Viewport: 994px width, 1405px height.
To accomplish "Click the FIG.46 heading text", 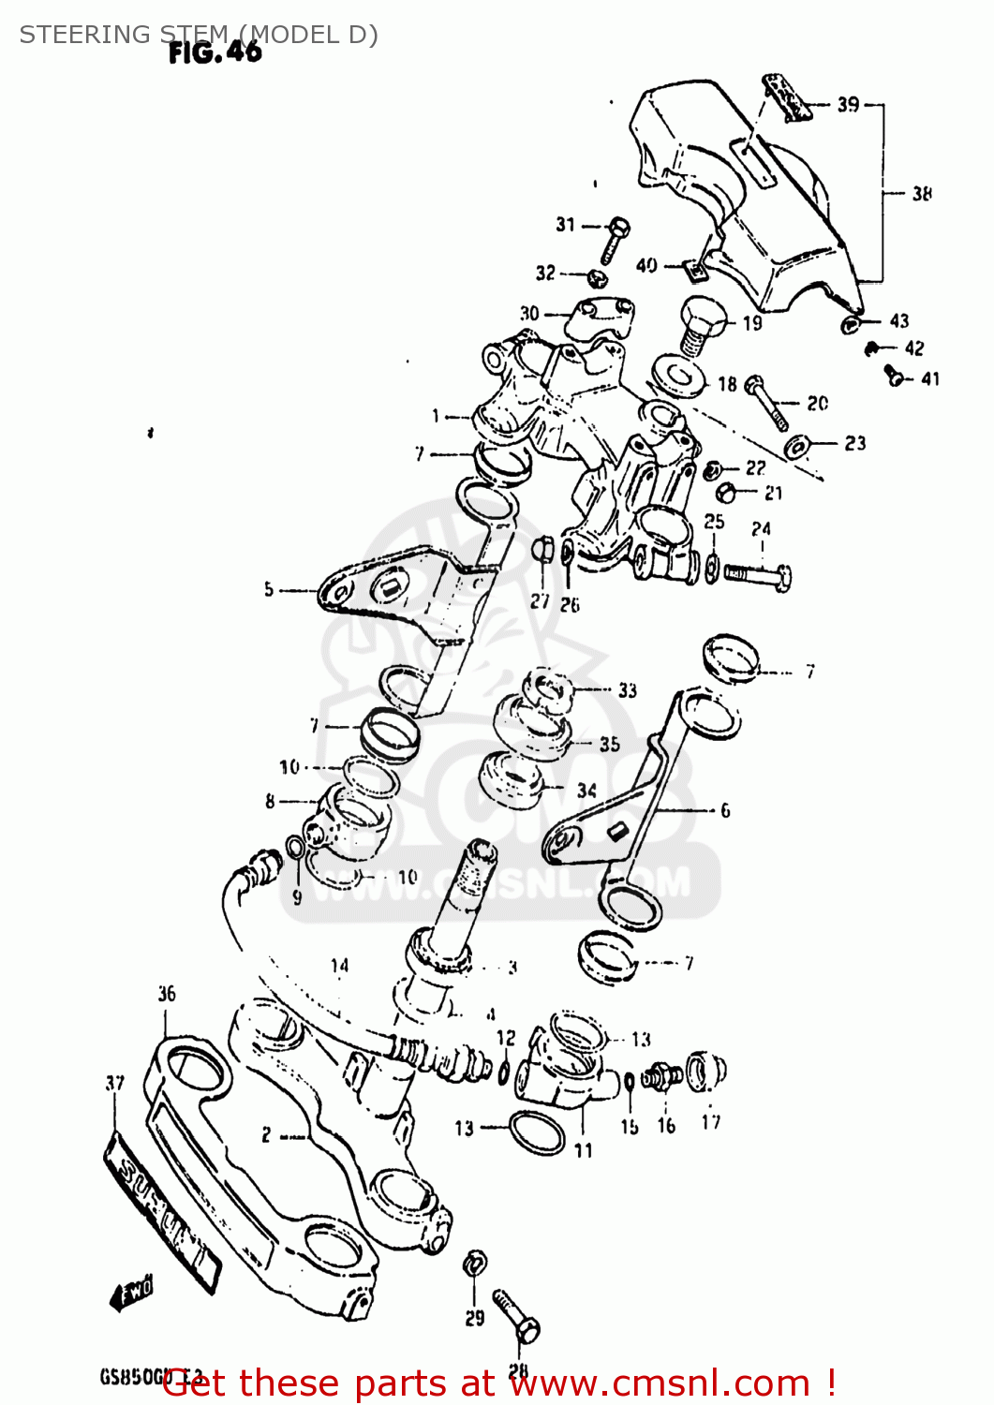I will pos(215,52).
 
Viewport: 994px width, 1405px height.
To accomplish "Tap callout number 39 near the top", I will pos(848,104).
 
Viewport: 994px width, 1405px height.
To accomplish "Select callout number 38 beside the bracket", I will pos(922,193).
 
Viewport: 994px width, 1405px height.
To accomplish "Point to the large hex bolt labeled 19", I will pos(698,325).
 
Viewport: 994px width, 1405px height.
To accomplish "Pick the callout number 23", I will pos(854,443).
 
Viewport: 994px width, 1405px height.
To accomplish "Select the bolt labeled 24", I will pos(759,573).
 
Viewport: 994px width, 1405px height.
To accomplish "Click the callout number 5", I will pos(269,589).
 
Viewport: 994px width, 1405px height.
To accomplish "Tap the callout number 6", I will pos(724,810).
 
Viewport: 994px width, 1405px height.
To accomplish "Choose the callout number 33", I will pos(627,690).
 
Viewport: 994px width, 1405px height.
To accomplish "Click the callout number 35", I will pos(610,745).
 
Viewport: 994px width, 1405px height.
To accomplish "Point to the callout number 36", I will pos(167,993).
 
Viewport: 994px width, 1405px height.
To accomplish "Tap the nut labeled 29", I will pos(475,1263).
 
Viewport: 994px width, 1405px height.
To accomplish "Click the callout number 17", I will pos(711,1121).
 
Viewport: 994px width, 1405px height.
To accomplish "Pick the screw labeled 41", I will pos(896,377).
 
